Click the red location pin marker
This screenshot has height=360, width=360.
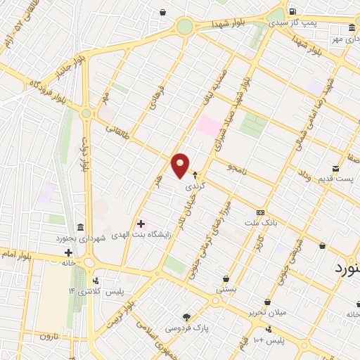pyautogui.click(x=181, y=165)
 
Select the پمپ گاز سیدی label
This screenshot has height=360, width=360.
pyautogui.click(x=313, y=22)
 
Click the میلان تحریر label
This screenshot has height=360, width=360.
pyautogui.click(x=265, y=311)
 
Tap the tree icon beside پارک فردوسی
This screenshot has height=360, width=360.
pyautogui.click(x=186, y=317)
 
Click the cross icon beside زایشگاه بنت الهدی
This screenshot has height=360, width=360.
pyautogui.click(x=141, y=223)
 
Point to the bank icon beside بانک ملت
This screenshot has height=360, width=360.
pyautogui.click(x=260, y=212)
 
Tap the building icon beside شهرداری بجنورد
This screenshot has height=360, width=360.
pyautogui.click(x=79, y=228)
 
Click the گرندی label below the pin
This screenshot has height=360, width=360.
pyautogui.click(x=193, y=188)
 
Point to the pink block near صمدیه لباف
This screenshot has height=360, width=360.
pyautogui.click(x=208, y=126)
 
